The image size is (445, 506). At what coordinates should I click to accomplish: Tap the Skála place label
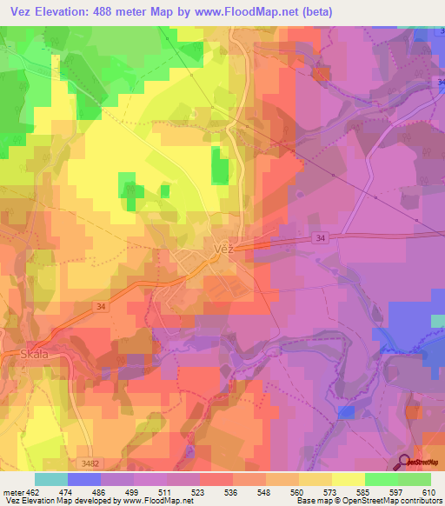(x=34, y=354)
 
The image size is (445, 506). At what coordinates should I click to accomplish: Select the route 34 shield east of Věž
(x=322, y=238)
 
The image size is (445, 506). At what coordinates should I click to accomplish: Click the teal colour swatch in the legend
(x=51, y=479)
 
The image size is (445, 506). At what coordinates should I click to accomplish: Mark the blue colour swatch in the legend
(x=84, y=479)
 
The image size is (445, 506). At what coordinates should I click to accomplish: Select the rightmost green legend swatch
(x=415, y=479)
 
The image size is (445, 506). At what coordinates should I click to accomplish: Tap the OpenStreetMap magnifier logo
(x=405, y=463)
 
